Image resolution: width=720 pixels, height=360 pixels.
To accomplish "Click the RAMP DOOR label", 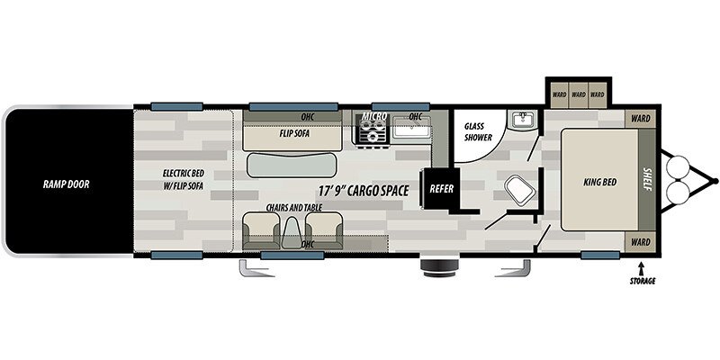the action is coord(66,184).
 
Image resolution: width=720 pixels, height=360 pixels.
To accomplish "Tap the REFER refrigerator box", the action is coord(441,189).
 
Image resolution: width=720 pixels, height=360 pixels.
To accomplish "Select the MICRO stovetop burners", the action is coord(372,130).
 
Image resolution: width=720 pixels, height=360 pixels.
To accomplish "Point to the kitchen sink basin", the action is coord(412,130).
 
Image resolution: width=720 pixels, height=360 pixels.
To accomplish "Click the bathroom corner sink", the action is coord(523,121).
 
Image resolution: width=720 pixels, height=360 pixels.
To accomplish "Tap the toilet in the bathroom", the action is coord(520,190).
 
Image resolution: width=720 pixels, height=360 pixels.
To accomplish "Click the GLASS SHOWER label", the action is coord(478,131).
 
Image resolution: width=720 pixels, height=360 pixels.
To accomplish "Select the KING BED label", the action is coord(600,183).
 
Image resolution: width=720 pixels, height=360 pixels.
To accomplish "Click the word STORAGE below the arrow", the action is coord(643,282).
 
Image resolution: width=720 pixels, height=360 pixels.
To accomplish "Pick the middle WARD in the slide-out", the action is coord(579,94).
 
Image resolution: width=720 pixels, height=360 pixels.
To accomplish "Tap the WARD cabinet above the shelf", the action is coord(640,119).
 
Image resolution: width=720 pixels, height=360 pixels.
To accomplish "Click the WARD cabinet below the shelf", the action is coord(640,242).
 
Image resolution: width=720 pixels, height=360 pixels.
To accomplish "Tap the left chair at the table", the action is coord(261,230).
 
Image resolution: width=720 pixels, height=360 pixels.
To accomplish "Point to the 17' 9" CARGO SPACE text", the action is coord(364,191).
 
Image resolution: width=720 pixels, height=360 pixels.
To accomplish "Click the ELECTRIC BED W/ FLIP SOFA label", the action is coord(184,179).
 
